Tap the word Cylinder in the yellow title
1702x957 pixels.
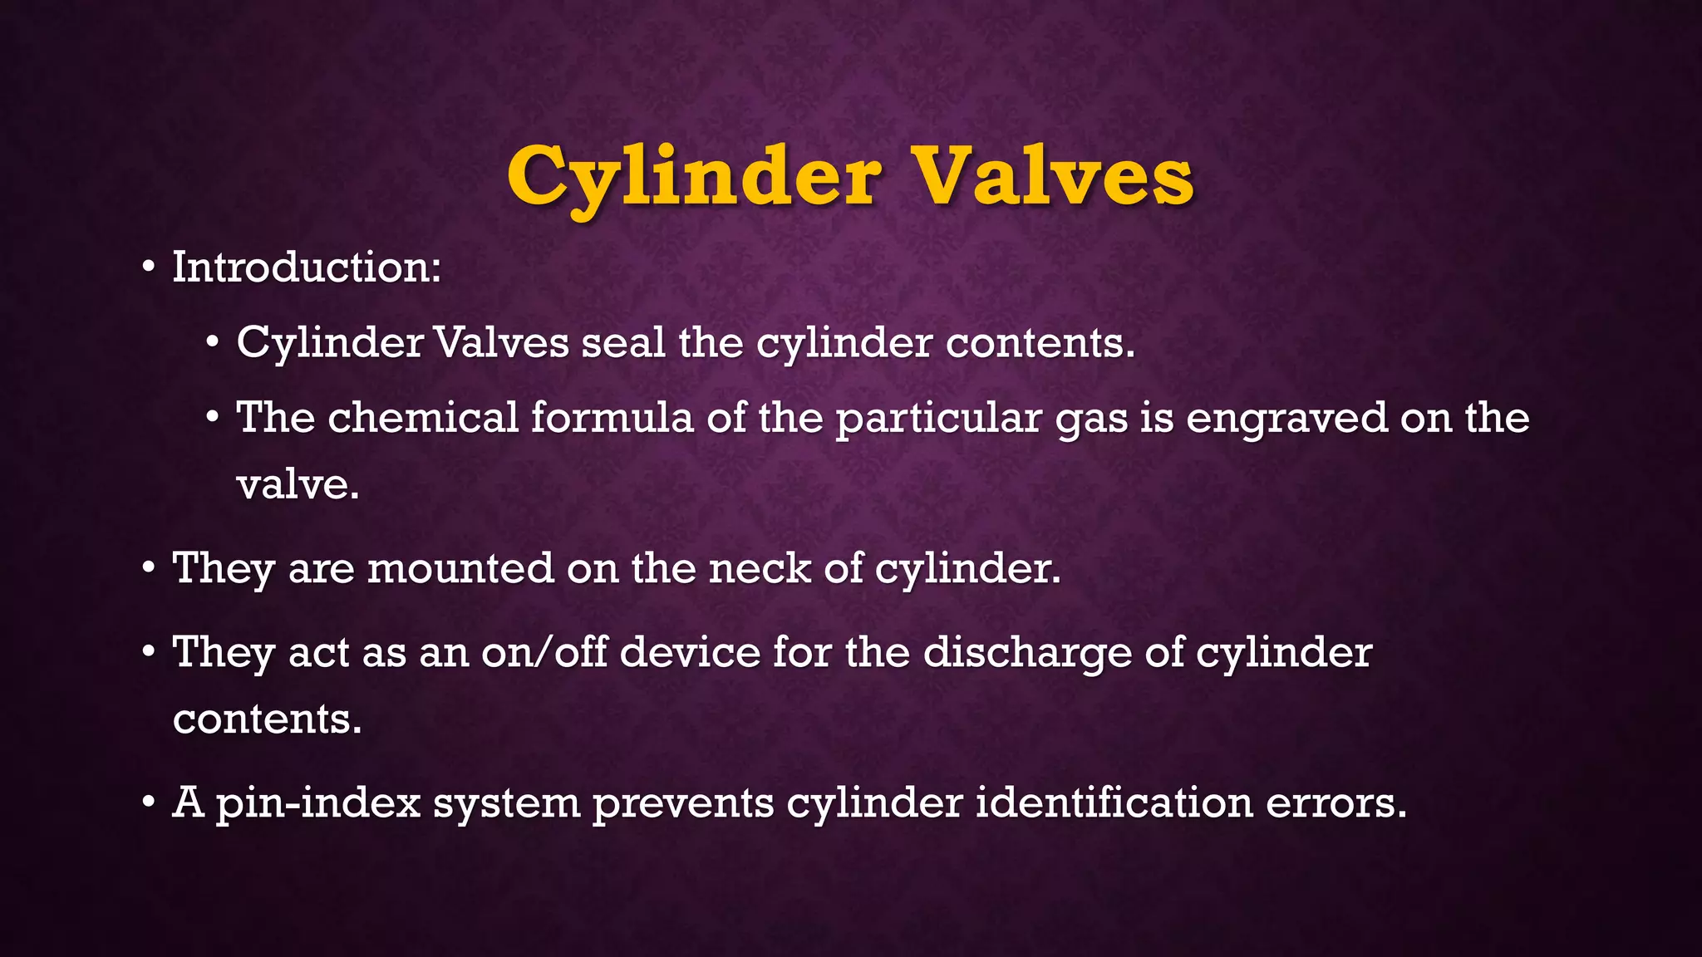(x=694, y=176)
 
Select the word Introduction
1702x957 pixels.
(x=305, y=267)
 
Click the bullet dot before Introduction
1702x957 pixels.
(x=148, y=268)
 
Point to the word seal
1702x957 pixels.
(x=622, y=342)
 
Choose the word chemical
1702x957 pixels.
(x=423, y=417)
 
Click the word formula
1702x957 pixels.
(x=612, y=417)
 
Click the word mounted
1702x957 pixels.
(x=460, y=569)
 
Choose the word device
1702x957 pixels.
(x=690, y=652)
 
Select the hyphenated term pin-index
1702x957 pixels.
(x=317, y=803)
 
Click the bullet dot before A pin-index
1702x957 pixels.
(x=148, y=803)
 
